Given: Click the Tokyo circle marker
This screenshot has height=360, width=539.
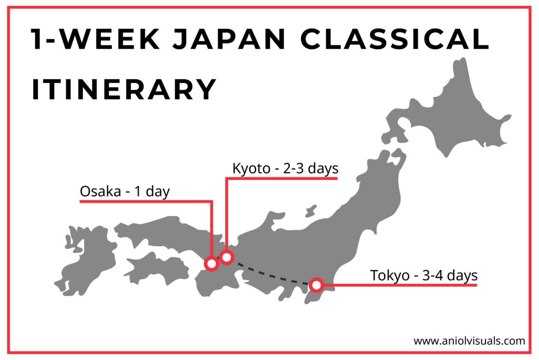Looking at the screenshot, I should point(316,285).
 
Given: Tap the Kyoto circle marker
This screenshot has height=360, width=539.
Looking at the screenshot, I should point(226,257).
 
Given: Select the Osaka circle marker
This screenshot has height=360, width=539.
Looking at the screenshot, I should point(211,264).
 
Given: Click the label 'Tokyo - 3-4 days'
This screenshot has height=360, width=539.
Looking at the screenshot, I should point(423,276).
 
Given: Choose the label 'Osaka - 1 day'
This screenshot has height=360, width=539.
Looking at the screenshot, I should point(125,191).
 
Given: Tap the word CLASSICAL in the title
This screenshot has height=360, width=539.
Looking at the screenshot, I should point(395,40).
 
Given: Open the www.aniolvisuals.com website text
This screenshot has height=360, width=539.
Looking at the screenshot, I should point(469,341).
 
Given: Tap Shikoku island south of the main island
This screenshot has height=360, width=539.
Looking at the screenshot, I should point(157,267).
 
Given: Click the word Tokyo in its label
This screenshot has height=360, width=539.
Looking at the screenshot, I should point(390,276).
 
